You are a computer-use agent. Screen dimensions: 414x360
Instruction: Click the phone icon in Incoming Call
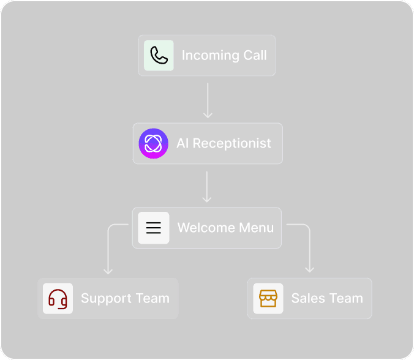[159, 56]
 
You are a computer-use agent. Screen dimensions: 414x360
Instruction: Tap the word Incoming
[211, 56]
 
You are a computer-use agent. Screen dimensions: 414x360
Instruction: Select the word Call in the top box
[255, 55]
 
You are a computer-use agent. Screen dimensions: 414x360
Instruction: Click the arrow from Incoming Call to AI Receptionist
[208, 100]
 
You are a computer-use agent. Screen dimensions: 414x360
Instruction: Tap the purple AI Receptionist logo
[153, 143]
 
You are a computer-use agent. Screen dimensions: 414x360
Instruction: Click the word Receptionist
[231, 143]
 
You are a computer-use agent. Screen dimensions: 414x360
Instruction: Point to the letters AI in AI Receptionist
[182, 143]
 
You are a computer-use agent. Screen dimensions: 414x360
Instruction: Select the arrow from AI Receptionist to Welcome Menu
[207, 187]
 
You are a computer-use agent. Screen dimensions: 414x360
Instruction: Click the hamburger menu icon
[153, 228]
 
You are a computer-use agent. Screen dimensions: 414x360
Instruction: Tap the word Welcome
[206, 228]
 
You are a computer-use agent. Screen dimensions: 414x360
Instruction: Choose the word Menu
[256, 228]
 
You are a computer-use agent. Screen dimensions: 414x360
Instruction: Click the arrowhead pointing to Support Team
[108, 272]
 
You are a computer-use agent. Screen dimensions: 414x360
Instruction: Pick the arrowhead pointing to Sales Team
[309, 270]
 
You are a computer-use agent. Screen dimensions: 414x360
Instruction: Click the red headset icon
[58, 299]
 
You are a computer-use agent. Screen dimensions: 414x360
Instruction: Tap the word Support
[106, 299]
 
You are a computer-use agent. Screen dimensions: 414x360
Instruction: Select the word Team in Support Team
[152, 298]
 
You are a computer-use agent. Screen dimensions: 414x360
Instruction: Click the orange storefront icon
[268, 299]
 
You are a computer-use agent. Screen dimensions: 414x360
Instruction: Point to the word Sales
[308, 298]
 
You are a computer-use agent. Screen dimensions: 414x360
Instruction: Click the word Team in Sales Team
[346, 298]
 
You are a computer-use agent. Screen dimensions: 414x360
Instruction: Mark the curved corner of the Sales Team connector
[307, 227]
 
